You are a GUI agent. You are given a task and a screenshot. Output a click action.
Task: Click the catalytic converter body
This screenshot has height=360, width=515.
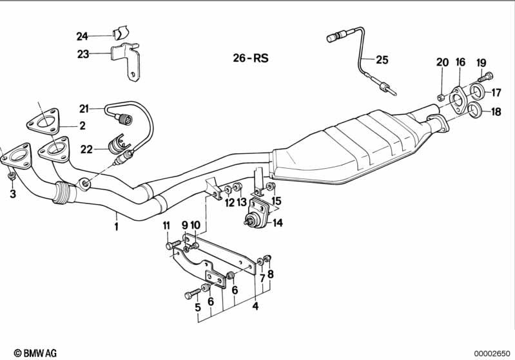[x=345, y=147]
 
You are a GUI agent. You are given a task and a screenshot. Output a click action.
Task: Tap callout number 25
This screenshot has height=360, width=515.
[x=382, y=60]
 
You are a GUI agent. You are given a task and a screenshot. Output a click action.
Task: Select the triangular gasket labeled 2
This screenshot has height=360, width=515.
[x=43, y=122]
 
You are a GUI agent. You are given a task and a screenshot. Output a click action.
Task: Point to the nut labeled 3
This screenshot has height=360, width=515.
[x=12, y=176]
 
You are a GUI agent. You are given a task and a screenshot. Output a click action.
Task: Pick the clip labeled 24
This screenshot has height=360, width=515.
[x=121, y=32]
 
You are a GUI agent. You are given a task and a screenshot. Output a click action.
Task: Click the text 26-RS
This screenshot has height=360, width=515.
[x=251, y=58]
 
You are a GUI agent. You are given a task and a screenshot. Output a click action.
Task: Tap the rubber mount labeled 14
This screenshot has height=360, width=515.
[x=258, y=213]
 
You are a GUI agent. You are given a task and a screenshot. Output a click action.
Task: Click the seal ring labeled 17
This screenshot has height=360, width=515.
[x=476, y=92]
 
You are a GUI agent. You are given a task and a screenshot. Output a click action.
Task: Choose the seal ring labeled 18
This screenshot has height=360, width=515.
[x=475, y=110]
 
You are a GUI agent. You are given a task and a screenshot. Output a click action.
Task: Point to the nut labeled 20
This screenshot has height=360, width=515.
[x=442, y=97]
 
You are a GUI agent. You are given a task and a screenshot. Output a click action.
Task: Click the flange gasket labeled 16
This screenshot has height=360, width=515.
[x=456, y=100]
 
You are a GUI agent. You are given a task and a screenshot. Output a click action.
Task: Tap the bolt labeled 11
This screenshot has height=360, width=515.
[x=173, y=245]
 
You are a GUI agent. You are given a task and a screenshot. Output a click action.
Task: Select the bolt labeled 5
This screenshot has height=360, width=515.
[x=193, y=294]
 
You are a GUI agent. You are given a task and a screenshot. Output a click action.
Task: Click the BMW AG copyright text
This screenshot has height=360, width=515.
[x=35, y=353]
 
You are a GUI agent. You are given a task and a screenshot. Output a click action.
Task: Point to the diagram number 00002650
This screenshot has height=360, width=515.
[x=492, y=354]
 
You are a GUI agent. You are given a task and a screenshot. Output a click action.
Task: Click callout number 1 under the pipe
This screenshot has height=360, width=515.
[x=116, y=226]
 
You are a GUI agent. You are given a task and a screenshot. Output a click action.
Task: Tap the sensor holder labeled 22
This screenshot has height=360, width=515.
[x=117, y=144]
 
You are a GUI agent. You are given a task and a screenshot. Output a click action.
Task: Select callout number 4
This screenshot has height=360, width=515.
[x=255, y=306]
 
